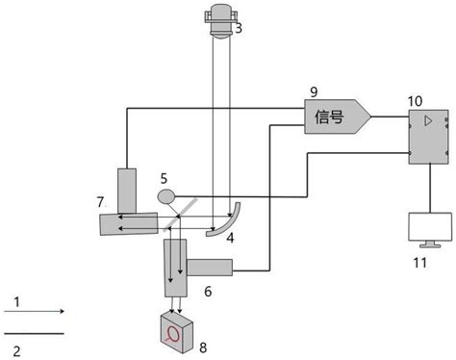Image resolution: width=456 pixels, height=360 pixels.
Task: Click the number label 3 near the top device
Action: [x=238, y=29]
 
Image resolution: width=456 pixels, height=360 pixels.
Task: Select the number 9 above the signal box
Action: [x=313, y=92]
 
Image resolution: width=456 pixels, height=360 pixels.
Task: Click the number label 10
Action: [x=416, y=99]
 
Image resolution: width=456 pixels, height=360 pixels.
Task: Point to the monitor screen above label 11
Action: [x=424, y=229]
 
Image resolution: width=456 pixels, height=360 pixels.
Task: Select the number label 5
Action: [x=164, y=178]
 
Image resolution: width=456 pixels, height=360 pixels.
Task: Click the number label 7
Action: [x=100, y=201]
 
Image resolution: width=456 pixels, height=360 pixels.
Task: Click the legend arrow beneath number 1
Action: [x=35, y=311]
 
